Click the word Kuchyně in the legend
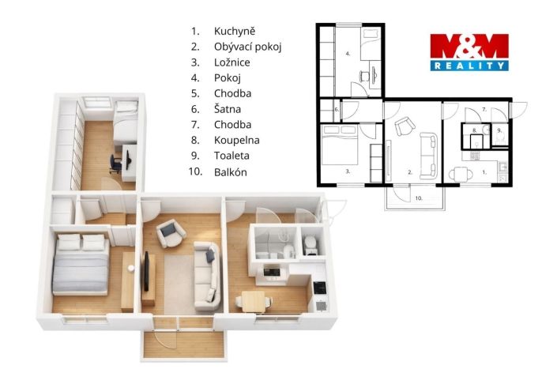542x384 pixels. [235, 31]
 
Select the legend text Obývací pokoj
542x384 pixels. [248, 47]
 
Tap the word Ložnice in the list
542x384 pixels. [232, 62]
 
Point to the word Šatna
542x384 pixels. [228, 109]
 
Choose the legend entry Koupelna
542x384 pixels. [237, 140]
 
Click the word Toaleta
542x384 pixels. [231, 156]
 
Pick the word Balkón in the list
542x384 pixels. [231, 171]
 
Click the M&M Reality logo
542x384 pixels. [469, 52]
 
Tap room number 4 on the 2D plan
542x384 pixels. [348, 54]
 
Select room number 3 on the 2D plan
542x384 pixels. [348, 171]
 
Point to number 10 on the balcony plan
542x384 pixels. [419, 198]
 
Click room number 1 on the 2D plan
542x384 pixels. [484, 171]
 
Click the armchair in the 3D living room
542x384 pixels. [171, 233]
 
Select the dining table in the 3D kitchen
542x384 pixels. [254, 301]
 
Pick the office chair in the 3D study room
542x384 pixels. [116, 163]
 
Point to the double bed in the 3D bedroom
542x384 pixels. [81, 265]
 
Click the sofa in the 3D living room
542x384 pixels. [207, 275]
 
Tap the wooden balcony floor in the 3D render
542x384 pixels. [183, 344]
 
